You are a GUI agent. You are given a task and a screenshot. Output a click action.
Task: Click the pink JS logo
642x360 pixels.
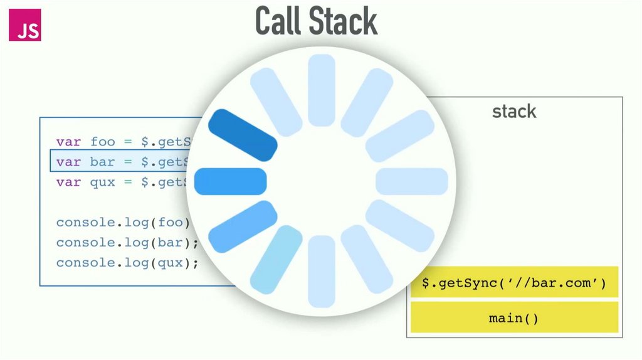click(25, 25)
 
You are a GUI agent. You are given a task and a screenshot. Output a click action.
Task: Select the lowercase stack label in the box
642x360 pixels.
click(514, 112)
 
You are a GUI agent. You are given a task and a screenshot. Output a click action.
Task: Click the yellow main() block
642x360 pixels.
click(514, 317)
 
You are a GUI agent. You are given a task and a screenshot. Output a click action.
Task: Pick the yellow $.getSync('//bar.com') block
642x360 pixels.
click(514, 283)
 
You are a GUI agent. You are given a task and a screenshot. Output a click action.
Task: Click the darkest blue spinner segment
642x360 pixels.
click(243, 134)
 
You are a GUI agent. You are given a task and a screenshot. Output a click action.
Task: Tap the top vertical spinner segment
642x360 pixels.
click(322, 90)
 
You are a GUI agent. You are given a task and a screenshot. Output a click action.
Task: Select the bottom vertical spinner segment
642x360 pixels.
click(322, 272)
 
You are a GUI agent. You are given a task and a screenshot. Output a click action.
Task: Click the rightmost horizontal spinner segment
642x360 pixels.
click(412, 181)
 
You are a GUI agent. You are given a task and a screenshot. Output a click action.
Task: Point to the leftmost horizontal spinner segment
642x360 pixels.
click(231, 181)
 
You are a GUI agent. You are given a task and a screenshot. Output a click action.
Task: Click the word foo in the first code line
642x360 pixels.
click(103, 142)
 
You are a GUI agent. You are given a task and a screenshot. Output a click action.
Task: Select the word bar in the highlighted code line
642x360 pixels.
click(103, 162)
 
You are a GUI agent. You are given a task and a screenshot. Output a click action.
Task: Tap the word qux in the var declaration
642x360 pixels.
click(103, 182)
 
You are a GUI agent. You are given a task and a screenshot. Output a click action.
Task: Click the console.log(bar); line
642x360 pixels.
click(127, 243)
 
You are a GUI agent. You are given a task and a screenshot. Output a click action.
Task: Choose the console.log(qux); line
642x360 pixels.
click(127, 263)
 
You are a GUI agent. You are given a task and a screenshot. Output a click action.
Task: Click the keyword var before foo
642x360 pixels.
click(68, 142)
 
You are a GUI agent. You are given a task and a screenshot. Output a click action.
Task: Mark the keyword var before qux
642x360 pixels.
click(68, 182)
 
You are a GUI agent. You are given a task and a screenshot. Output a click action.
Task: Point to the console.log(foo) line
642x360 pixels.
click(122, 223)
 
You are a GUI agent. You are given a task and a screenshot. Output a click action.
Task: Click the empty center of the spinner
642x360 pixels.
click(322, 181)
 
